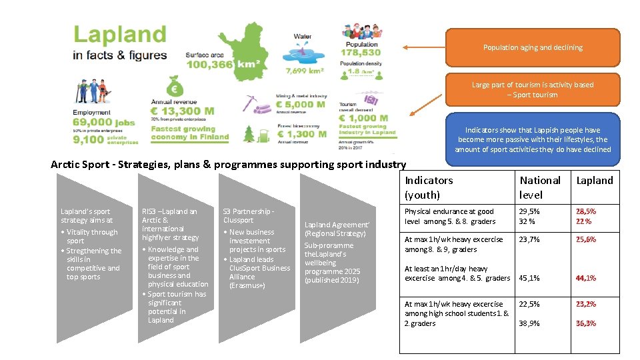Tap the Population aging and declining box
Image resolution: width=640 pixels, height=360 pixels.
532,48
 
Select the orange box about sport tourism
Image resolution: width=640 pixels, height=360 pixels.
532,90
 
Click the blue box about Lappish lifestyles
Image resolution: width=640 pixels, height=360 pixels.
532,139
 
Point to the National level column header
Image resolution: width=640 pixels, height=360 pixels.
540,187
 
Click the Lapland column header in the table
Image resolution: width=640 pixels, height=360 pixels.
594,181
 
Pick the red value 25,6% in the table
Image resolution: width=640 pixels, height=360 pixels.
586,239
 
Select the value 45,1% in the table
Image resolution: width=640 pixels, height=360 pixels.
529,278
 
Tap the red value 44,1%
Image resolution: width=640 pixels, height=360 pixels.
586,278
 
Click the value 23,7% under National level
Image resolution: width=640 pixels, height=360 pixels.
529,239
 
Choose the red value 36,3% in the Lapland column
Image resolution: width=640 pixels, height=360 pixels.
586,323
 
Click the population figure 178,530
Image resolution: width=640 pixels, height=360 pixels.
361,53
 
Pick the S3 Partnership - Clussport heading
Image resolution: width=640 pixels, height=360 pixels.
248,215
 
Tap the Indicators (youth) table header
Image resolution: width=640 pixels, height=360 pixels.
429,187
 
